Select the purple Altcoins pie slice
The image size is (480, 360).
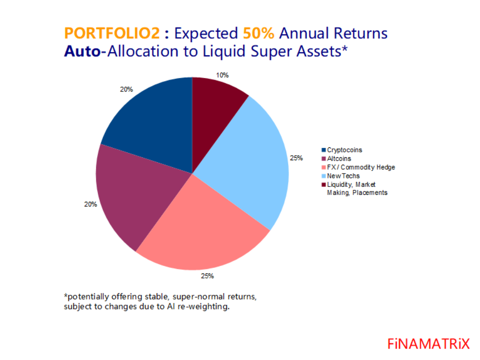pyautogui.click(x=133, y=198)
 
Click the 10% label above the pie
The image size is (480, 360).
pyautogui.click(x=222, y=75)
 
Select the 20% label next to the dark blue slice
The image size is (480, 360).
pyautogui.click(x=126, y=90)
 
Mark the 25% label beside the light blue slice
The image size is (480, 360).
pyautogui.click(x=296, y=158)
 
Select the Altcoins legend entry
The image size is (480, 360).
pyautogui.click(x=339, y=159)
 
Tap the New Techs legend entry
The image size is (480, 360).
pyautogui.click(x=343, y=176)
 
